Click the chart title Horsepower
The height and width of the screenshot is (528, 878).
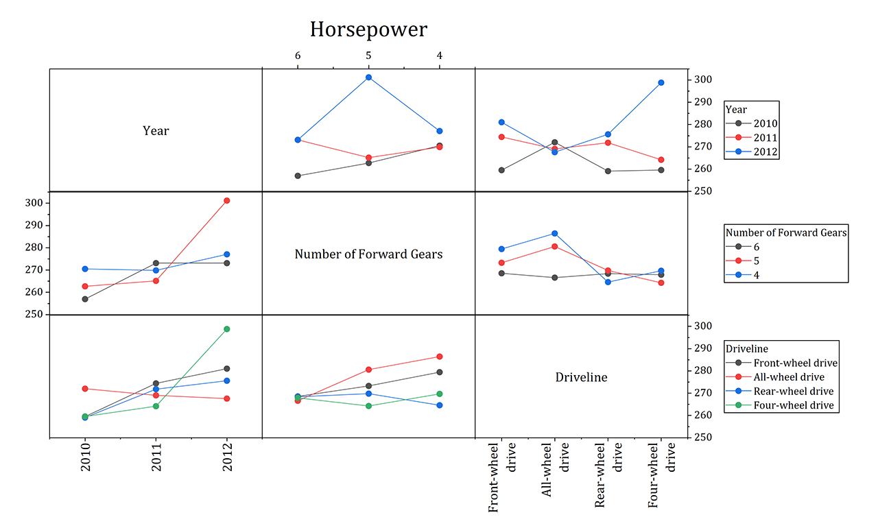[x=368, y=29]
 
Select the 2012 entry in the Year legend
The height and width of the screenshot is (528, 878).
[x=765, y=152]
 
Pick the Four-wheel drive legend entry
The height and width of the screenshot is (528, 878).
[x=793, y=405]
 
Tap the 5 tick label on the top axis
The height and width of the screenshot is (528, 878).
[x=368, y=56]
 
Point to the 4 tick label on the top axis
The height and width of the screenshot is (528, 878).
[x=440, y=56]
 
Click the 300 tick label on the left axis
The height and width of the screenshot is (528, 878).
[x=34, y=203]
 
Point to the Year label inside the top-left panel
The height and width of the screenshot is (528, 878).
[x=156, y=130]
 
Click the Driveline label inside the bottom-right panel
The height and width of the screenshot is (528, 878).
[x=581, y=377]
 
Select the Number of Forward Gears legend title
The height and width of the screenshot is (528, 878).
[x=786, y=232]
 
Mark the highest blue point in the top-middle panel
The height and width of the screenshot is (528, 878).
[x=368, y=77]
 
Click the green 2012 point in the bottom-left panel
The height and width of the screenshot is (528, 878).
[x=226, y=329]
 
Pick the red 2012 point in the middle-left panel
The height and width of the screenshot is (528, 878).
[x=226, y=200]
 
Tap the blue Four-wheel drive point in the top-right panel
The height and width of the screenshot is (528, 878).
[x=661, y=83]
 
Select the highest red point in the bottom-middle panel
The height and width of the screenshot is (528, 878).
[x=439, y=357]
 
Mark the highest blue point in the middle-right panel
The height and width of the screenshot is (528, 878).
[x=554, y=234]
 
